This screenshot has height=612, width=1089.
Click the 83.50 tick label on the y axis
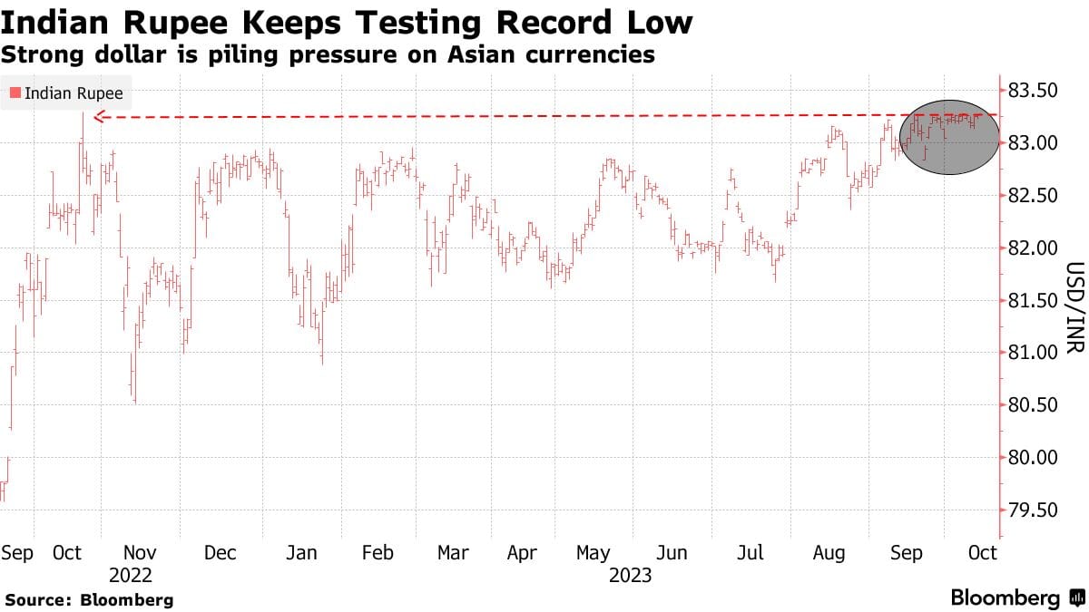[1033, 91]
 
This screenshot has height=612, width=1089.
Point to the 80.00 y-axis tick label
[1033, 458]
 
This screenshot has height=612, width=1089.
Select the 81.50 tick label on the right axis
[1033, 300]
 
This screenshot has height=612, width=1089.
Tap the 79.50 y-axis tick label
[1033, 510]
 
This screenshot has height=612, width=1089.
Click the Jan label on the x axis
[301, 553]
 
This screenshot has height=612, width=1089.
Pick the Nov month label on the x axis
[141, 553]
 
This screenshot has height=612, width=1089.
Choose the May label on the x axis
[594, 553]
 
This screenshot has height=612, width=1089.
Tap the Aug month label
[829, 553]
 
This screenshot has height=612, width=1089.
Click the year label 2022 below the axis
[130, 576]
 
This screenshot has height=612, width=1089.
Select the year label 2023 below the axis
[630, 576]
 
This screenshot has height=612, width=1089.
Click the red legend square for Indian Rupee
[15, 92]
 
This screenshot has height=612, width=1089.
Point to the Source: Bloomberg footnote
[89, 599]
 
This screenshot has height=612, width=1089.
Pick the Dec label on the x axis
[221, 553]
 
